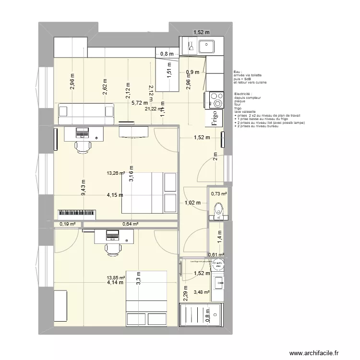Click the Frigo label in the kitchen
click(x=214, y=118)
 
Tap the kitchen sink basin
click(x=207, y=47)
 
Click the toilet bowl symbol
click(x=219, y=209)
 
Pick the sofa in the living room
click(x=86, y=111)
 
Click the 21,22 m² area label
click(x=154, y=109)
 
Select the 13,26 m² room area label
click(x=116, y=174)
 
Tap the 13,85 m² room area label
click(x=116, y=277)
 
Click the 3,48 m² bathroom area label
click(x=202, y=292)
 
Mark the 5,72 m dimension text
click(x=140, y=103)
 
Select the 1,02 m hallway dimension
click(x=192, y=203)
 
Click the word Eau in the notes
click(x=238, y=71)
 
